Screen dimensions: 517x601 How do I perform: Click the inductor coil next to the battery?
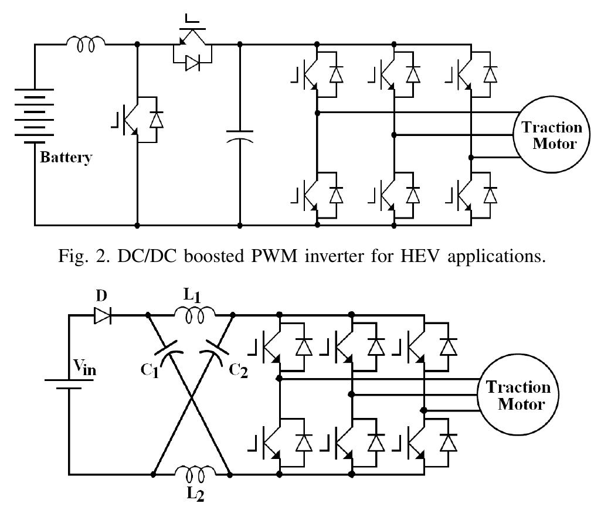(87, 43)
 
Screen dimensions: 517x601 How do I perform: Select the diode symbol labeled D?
(102, 316)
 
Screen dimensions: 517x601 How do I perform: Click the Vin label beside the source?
(86, 367)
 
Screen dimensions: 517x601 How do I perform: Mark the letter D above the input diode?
(101, 297)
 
